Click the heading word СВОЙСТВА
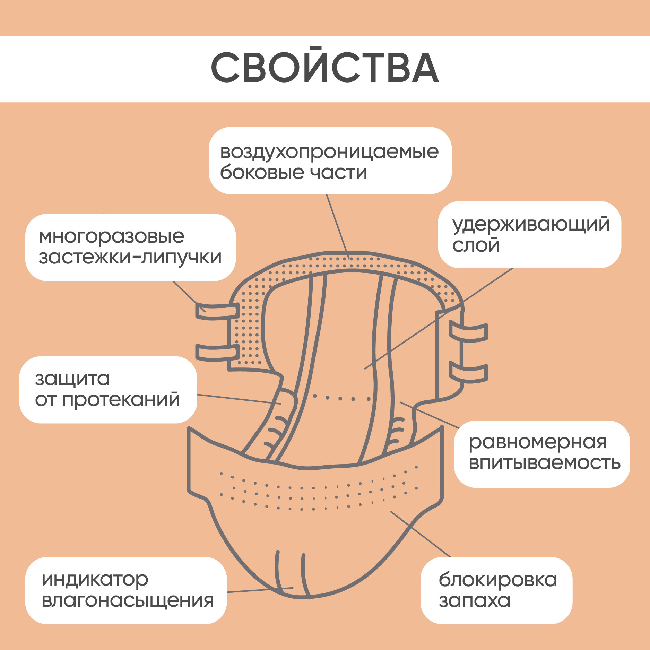click(325, 68)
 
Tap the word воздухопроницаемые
click(329, 152)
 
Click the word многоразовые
click(112, 237)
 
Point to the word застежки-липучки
click(130, 258)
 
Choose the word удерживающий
click(531, 225)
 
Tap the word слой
click(476, 245)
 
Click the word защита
click(72, 379)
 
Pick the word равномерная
click(537, 442)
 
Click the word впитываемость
click(544, 463)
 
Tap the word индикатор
click(95, 580)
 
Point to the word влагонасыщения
click(127, 600)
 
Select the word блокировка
click(497, 580)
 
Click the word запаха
click(474, 600)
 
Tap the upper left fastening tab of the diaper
click(217, 311)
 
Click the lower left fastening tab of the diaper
click(217, 352)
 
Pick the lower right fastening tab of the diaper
click(468, 372)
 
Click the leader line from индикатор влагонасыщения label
click(260, 590)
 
